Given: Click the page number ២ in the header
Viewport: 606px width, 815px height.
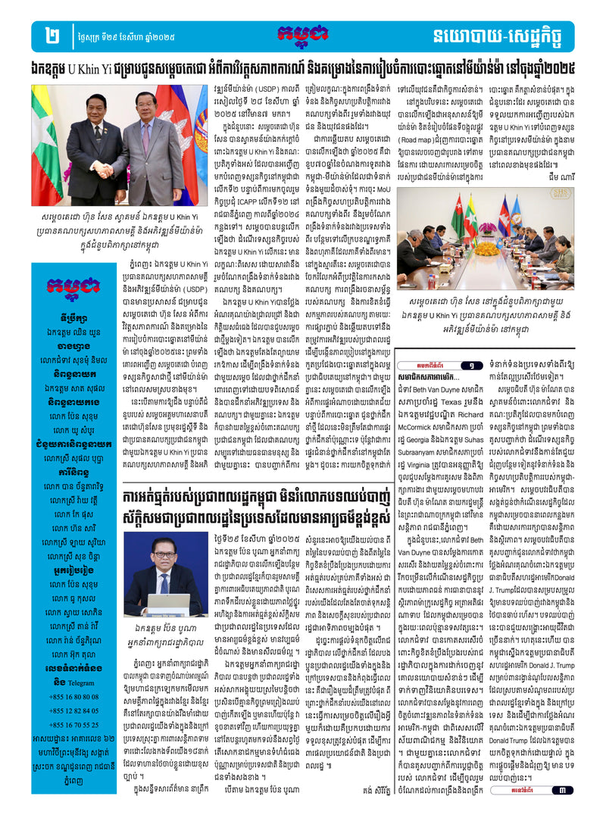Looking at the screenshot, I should [x=52, y=36].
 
